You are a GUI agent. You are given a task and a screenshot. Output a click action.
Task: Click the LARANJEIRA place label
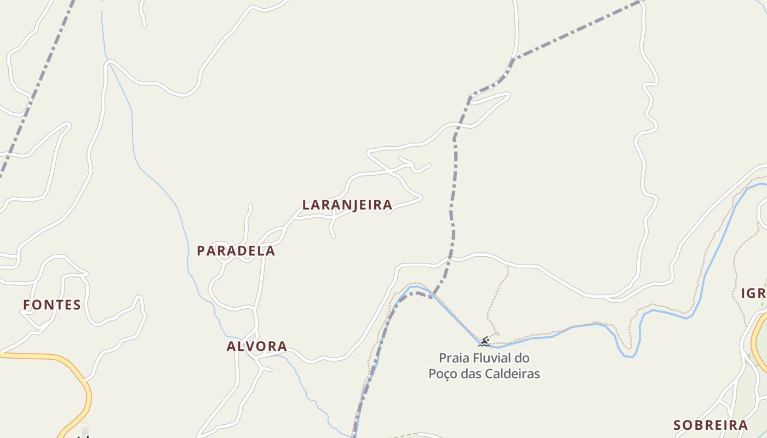[347, 205]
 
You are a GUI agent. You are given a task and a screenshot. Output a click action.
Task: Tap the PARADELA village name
[236, 251]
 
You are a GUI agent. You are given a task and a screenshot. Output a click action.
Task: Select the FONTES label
[52, 305]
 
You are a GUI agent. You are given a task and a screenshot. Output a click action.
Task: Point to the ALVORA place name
[256, 346]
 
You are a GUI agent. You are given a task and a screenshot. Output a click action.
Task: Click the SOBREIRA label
[710, 425]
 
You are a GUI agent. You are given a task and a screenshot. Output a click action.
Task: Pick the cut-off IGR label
[754, 293]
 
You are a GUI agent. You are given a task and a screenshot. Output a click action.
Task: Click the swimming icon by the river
[484, 342]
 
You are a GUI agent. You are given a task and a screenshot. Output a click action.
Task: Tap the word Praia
[455, 359]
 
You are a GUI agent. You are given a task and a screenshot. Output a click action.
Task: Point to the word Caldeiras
[514, 374]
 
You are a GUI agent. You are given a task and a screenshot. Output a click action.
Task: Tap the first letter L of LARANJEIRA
[306, 205]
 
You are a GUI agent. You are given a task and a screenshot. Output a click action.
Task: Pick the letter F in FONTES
[27, 305]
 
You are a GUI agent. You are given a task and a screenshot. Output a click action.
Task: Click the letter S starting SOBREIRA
[677, 425]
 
